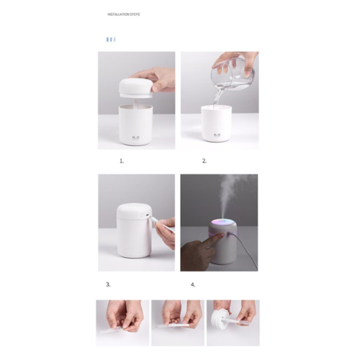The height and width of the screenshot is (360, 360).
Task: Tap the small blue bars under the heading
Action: pos(110,39)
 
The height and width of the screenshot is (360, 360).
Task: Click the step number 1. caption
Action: pos(122,161)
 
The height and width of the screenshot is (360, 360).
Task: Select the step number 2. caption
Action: pos(204,161)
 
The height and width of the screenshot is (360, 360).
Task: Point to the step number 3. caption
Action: pos(109,284)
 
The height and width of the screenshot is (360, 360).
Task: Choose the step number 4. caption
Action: pos(193,284)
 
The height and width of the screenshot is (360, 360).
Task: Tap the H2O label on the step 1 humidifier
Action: pos(135,134)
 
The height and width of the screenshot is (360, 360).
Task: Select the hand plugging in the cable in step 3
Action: pos(166,232)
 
